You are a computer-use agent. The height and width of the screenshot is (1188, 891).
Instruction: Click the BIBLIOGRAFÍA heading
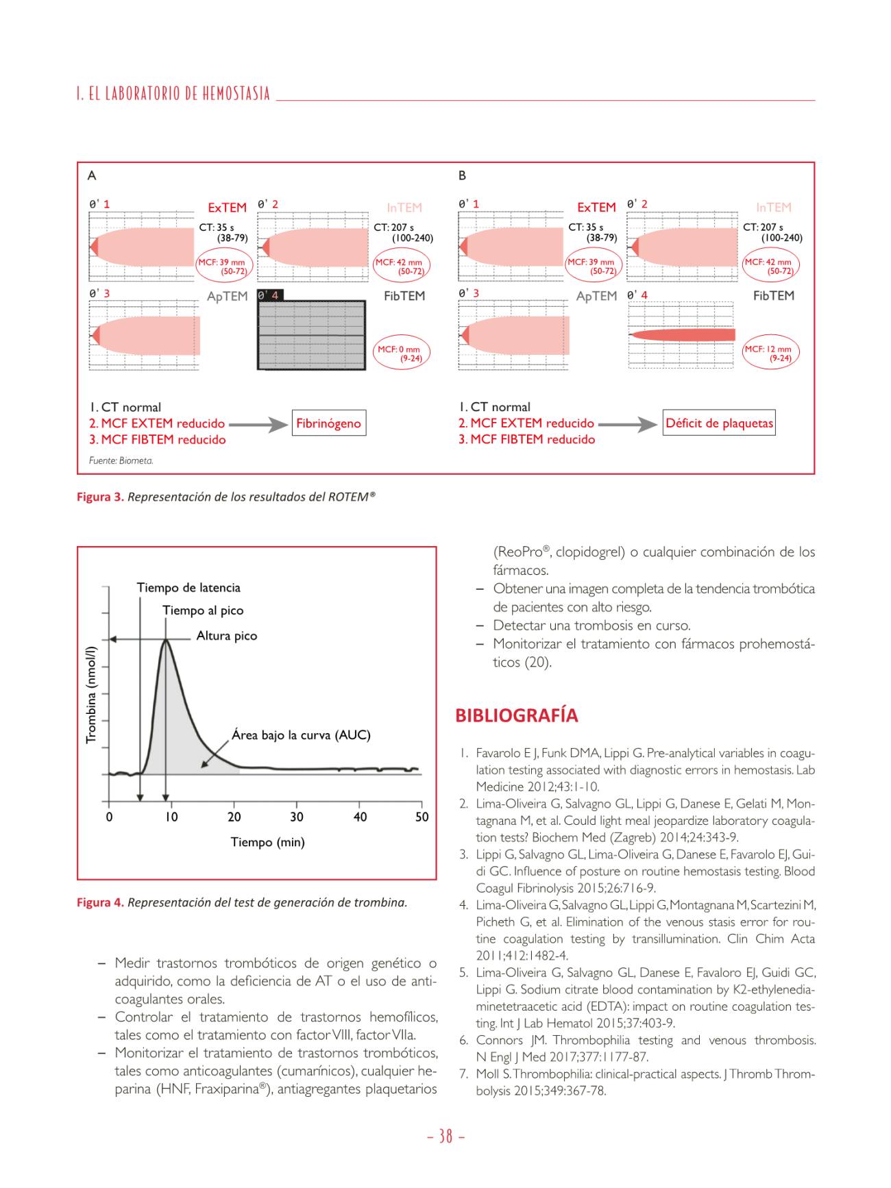point(516,716)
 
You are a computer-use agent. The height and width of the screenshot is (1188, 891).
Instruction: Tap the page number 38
point(445,1137)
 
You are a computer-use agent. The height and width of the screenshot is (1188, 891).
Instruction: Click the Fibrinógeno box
point(328,423)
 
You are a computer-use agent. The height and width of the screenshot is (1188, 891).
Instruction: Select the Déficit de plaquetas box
point(719,423)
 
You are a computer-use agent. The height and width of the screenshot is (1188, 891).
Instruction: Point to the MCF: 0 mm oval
point(402,354)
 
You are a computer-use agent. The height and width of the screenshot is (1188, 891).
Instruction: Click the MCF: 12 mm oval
point(771,353)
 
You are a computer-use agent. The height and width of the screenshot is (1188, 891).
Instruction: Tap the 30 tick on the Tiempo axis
point(297,817)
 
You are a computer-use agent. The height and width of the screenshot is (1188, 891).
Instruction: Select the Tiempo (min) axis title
point(267,842)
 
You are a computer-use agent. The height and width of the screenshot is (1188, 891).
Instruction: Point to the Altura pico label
point(226,636)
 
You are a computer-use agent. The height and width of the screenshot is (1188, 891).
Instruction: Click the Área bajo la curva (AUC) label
point(300,735)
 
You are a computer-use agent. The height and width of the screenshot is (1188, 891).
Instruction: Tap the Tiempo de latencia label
point(188,588)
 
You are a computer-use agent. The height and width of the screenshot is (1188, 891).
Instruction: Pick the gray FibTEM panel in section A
point(312,335)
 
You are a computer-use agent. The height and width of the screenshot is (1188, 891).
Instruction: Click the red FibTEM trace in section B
point(682,335)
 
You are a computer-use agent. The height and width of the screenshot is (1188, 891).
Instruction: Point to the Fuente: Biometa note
point(121,460)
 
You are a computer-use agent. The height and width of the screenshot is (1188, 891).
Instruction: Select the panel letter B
point(462,175)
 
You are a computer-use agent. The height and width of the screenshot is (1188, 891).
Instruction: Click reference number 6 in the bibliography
point(464,1040)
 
